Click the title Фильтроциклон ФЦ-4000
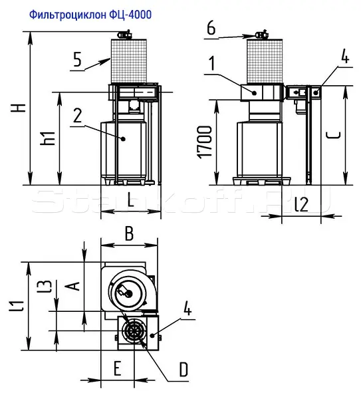[90, 15]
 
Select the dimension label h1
[48, 138]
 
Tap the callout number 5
[77, 59]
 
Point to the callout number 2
[77, 115]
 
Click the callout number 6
[211, 27]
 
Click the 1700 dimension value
[205, 142]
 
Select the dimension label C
[333, 135]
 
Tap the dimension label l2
[302, 204]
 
